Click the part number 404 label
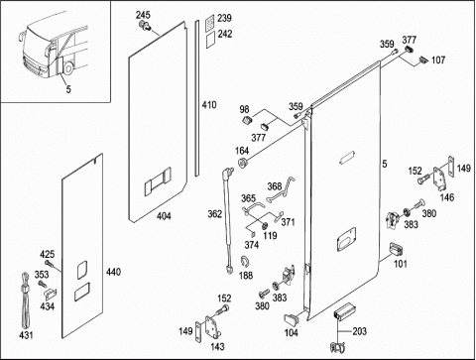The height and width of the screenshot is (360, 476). (164, 216)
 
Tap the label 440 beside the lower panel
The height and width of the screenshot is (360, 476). (113, 272)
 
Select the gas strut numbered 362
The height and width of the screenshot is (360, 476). (228, 221)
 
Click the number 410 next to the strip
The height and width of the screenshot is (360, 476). (209, 105)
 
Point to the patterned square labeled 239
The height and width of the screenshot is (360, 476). (210, 23)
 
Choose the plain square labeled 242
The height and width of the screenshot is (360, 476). (210, 40)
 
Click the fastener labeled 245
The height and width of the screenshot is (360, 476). (145, 25)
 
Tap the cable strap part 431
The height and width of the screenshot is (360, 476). (26, 300)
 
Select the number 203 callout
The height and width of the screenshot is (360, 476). (359, 331)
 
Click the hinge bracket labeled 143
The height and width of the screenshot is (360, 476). (212, 327)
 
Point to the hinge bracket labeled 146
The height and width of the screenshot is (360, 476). (440, 179)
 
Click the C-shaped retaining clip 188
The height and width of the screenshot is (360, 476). (245, 262)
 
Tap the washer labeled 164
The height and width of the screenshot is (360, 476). (243, 163)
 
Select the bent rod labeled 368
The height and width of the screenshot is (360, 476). (282, 189)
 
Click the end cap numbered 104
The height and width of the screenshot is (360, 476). (291, 318)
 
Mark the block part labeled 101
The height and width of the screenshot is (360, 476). (396, 249)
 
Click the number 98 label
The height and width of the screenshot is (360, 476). (245, 109)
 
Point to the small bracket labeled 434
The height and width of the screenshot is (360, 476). (51, 294)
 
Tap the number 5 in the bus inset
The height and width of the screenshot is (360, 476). (68, 89)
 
